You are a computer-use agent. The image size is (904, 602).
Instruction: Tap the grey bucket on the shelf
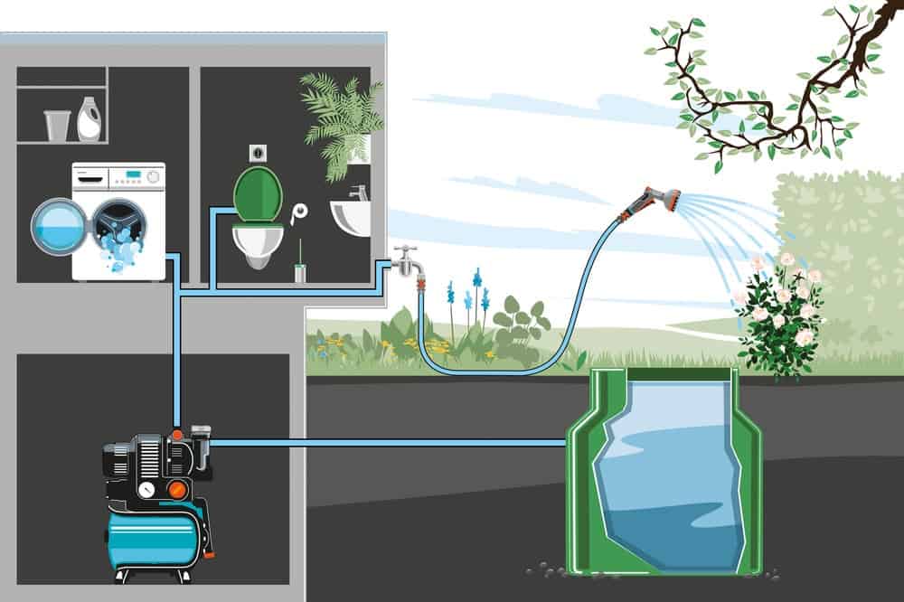57,125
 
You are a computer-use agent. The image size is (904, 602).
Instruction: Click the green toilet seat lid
253,193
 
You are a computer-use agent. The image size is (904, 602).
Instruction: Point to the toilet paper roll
299,213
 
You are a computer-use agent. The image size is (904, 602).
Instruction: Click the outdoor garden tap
409,260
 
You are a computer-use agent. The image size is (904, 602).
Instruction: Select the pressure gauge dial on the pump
146,490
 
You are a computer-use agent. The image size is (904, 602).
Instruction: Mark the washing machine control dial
153,176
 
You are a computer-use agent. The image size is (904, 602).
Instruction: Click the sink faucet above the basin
359,193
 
